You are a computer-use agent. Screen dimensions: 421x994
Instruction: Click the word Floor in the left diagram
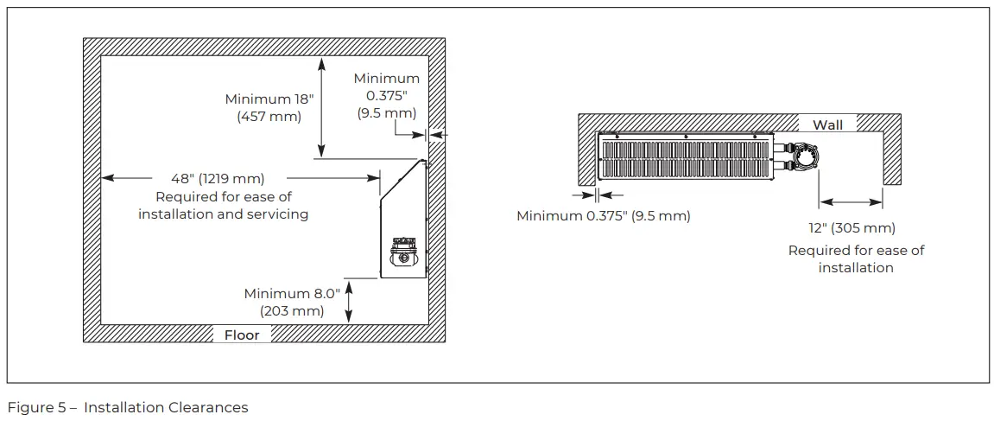click(x=242, y=335)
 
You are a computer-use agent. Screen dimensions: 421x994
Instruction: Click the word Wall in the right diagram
click(x=827, y=125)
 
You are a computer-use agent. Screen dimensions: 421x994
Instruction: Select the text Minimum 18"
click(x=269, y=99)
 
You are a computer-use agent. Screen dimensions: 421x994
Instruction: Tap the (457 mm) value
click(x=269, y=117)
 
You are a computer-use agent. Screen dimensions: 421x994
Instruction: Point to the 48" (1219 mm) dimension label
click(x=218, y=179)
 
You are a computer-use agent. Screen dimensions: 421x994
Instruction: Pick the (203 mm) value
click(x=291, y=311)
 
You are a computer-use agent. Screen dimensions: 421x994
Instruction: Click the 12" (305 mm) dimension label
click(x=852, y=228)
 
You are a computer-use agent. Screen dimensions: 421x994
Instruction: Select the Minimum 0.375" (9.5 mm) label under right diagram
click(x=603, y=216)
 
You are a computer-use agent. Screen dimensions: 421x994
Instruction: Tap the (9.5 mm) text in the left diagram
click(x=386, y=113)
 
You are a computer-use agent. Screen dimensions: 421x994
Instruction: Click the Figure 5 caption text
click(x=128, y=407)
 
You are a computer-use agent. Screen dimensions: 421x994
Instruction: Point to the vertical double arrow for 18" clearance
click(x=321, y=107)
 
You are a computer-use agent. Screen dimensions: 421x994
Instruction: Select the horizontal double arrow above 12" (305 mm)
click(x=851, y=202)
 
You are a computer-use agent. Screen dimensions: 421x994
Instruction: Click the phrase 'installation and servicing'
click(x=223, y=214)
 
